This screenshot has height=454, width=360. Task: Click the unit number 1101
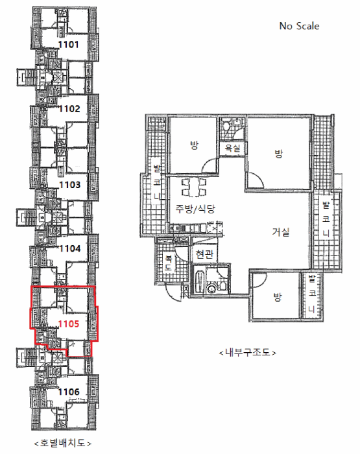point(68,45)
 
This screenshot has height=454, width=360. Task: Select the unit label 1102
point(69,109)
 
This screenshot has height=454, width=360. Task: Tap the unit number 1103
point(70,185)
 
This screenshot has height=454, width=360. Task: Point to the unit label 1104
point(70,248)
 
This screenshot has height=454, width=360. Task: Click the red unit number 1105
point(69,324)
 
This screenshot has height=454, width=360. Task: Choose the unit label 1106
point(69,392)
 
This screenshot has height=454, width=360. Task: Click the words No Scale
point(299,26)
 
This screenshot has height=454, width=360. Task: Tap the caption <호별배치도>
point(62,443)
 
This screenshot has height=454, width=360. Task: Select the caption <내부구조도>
point(247,352)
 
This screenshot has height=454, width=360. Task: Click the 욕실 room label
point(233,149)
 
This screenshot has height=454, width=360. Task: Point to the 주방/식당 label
point(195,208)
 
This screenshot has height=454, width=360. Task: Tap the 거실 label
point(281,232)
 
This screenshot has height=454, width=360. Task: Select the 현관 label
point(204,254)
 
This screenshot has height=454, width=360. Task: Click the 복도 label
point(168,263)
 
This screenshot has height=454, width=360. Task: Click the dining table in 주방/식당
point(194,187)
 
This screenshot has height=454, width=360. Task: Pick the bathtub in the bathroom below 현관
point(200,281)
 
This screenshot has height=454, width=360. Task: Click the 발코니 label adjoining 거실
point(326,219)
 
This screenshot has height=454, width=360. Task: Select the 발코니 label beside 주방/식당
point(157,182)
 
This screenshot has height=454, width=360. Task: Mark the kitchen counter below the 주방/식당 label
point(189,228)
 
